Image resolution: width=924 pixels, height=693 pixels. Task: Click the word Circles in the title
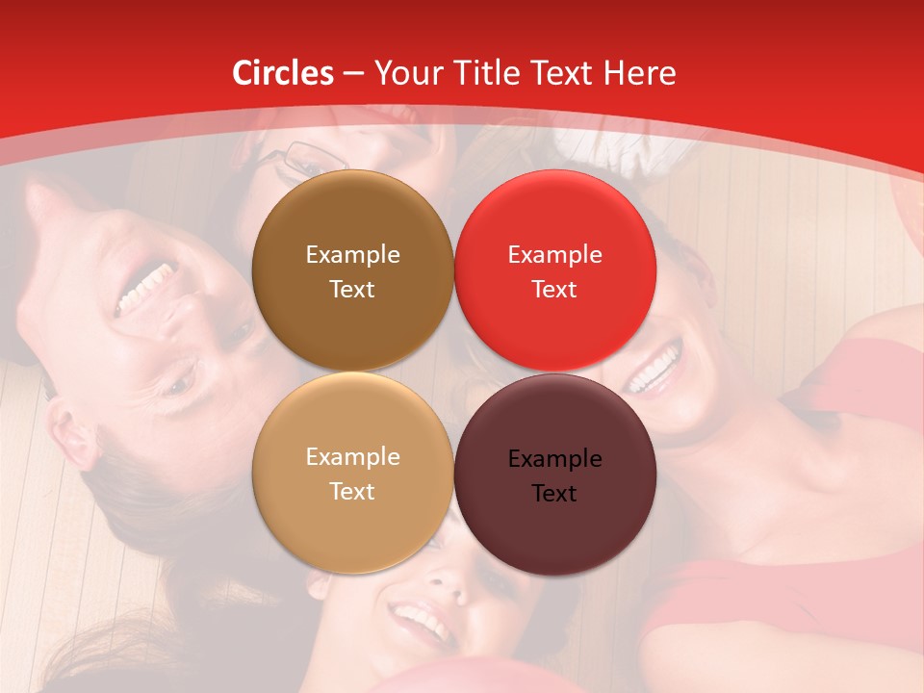[x=283, y=73]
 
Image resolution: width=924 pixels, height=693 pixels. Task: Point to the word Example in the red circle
[x=554, y=255]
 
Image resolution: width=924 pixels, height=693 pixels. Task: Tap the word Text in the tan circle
[x=352, y=491]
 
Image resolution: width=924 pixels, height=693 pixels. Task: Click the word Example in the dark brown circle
[x=352, y=255]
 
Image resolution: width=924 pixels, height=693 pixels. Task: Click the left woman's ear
[x=72, y=435]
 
